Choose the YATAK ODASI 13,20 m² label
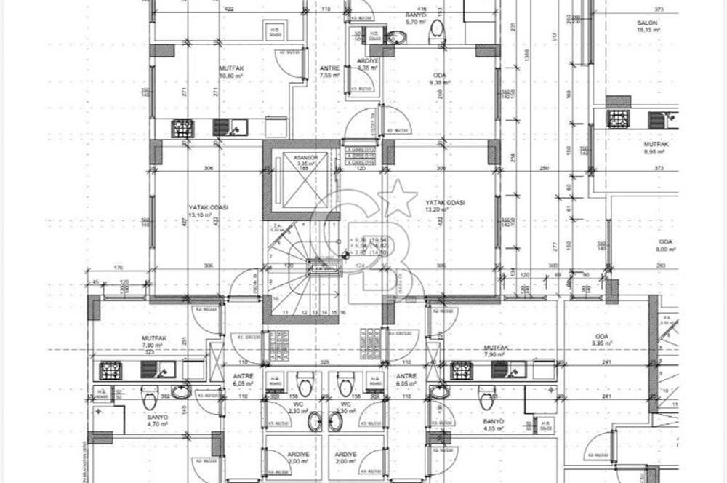tap(445, 206)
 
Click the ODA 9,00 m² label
tap(665, 245)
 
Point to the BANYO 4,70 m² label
tap(158, 421)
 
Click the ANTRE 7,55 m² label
tap(330, 71)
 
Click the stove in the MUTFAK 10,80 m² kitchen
tap(182, 129)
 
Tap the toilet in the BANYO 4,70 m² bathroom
tap(150, 399)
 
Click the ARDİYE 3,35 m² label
tap(367, 64)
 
